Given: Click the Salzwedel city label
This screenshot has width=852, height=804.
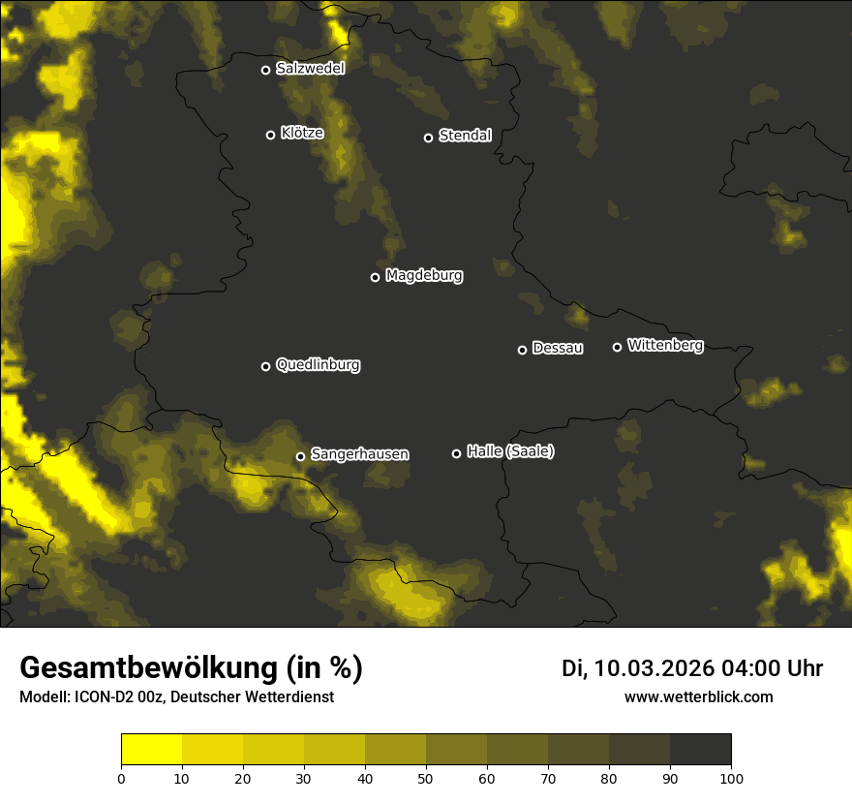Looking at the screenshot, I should pos(310,68).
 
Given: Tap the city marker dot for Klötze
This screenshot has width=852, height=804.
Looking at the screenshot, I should pos(271,135).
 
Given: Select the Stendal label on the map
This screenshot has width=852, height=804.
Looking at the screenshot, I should pos(465,136).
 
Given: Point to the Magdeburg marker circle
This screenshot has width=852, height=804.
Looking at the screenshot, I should pos(376,277).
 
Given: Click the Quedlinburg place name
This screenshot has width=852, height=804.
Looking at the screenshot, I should pos(318,365).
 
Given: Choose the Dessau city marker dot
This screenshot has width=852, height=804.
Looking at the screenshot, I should pos(523,350).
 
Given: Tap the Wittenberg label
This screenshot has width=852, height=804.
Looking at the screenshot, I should pos(665,345).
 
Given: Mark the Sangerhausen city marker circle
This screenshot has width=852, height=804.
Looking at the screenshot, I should pos(301,456).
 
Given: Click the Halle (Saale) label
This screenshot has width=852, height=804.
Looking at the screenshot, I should pos(510,451).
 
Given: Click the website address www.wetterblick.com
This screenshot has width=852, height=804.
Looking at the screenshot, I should pos(698,696).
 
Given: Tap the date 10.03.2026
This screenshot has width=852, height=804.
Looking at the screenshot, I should pos(654,668).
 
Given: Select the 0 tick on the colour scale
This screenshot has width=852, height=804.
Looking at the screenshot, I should pos(121,778).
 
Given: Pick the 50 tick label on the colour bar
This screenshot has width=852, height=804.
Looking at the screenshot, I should pos(426,778).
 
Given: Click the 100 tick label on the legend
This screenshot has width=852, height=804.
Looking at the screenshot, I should pos(731,778).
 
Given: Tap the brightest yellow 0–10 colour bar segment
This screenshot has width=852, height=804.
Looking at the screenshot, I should pos(152,750).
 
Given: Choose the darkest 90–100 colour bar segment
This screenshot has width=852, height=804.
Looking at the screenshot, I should pos(700,750).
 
